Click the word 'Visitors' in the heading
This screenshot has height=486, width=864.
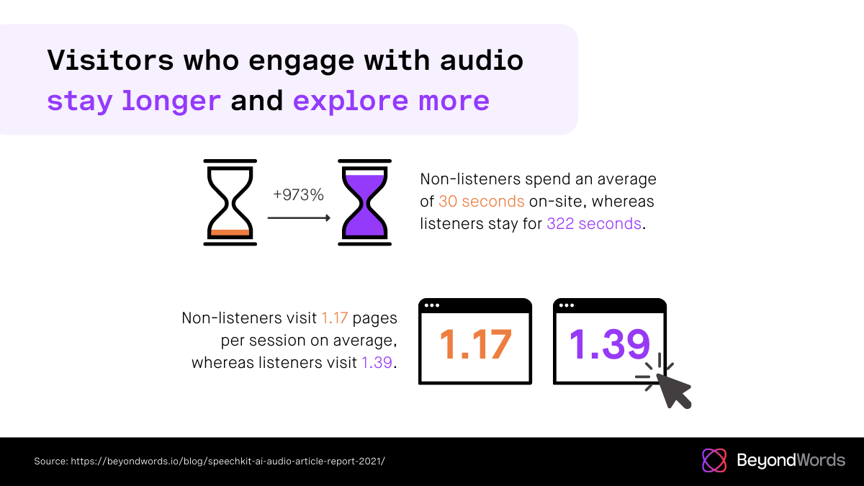tap(111, 60)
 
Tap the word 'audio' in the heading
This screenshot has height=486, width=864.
tap(482, 60)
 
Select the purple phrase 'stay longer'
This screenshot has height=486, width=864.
tap(134, 101)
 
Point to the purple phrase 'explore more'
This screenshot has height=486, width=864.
tap(391, 101)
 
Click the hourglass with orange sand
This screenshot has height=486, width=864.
tap(230, 202)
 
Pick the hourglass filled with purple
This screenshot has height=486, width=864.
tap(364, 202)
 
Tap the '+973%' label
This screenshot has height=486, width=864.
tap(298, 195)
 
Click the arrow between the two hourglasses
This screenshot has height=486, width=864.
tap(299, 218)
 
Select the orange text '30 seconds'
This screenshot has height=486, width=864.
tap(482, 202)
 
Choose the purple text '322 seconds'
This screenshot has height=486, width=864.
tap(594, 224)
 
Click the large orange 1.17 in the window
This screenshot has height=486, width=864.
tap(476, 344)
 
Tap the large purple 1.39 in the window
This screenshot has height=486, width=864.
tap(609, 344)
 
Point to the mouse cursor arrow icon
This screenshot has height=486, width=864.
tap(672, 390)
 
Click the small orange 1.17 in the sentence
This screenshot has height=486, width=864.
tap(334, 318)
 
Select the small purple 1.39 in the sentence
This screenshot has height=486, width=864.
tap(377, 363)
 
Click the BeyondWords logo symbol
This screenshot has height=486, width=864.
tap(714, 460)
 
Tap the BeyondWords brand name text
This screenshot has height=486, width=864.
tap(791, 460)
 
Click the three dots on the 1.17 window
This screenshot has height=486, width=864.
tap(431, 305)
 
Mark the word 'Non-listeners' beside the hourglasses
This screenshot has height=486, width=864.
tap(470, 179)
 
